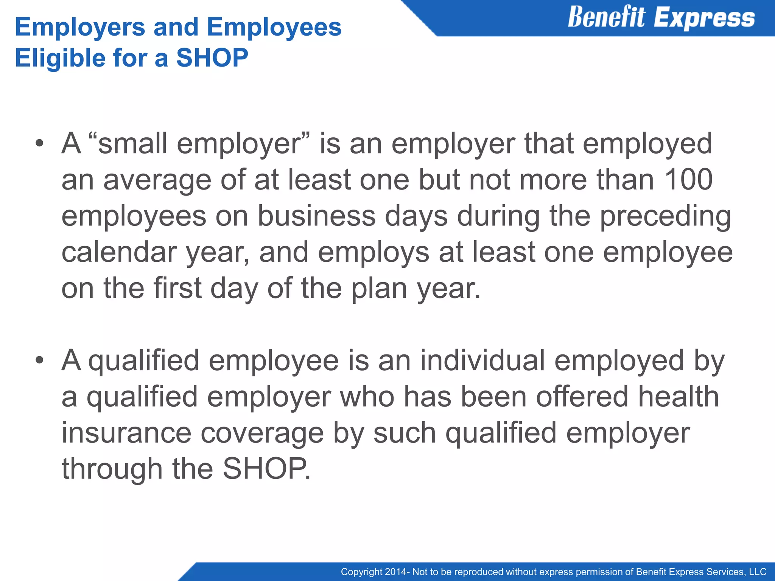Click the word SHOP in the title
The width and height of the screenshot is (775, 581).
[x=212, y=58]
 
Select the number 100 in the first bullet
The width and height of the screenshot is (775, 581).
[x=688, y=179]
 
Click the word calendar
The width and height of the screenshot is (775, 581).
[x=119, y=252]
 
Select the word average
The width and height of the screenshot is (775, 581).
[x=157, y=180]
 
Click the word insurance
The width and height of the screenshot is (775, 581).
[x=126, y=433]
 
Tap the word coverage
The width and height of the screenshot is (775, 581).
[x=262, y=433]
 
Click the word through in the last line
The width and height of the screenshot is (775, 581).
[x=112, y=469]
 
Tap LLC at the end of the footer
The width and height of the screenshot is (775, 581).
[x=758, y=572]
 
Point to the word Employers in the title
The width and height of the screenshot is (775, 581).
[x=80, y=27]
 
